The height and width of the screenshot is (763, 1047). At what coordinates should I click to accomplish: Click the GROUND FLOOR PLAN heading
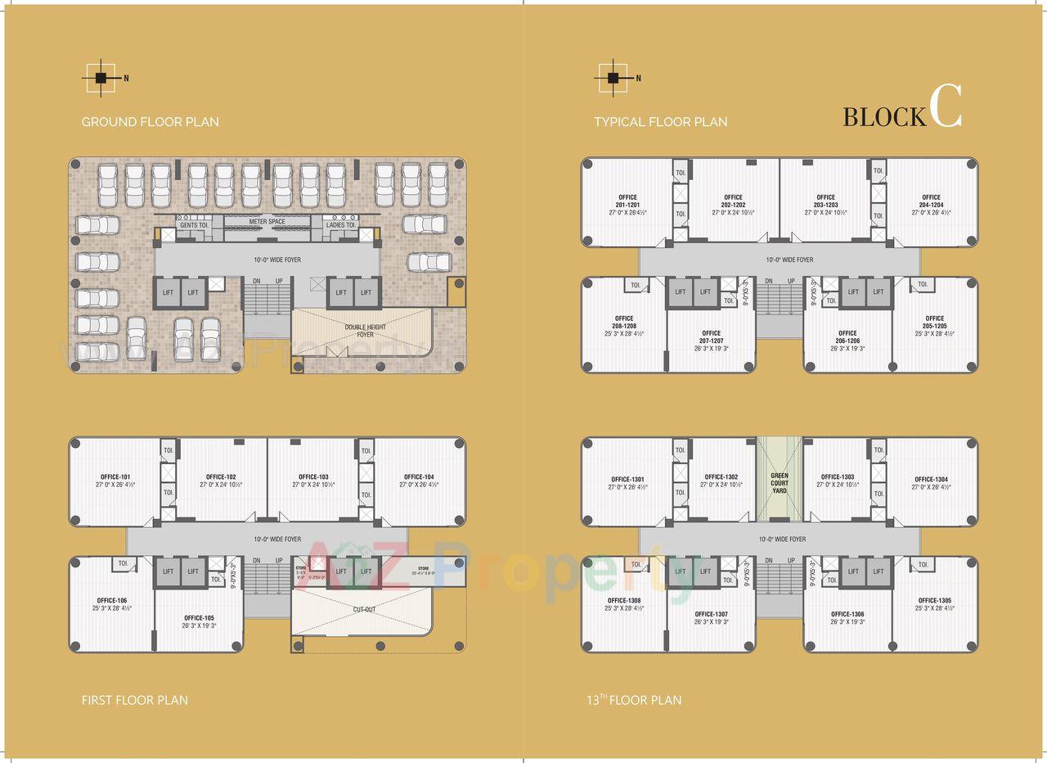(x=150, y=122)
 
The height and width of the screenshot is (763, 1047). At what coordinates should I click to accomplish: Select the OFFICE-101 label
(x=115, y=477)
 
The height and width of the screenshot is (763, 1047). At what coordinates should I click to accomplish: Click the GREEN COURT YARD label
(x=779, y=483)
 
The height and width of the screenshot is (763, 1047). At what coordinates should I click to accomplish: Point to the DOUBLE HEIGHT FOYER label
(x=365, y=331)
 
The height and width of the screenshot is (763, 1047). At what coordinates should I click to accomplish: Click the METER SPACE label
(x=267, y=222)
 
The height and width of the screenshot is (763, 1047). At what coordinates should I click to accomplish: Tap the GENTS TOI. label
(x=195, y=225)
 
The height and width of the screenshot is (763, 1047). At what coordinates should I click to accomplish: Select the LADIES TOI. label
(x=341, y=225)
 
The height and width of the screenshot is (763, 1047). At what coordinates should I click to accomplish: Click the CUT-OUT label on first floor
(x=364, y=610)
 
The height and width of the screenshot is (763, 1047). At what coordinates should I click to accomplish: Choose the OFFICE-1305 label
(x=934, y=600)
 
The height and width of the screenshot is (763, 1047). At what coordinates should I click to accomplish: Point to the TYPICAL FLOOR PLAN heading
(x=660, y=122)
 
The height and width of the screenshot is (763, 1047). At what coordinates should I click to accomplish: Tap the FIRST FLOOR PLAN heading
(x=134, y=700)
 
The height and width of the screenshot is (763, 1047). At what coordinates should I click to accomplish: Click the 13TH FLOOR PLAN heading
(x=633, y=700)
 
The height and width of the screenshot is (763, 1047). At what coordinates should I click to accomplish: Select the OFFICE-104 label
(x=418, y=477)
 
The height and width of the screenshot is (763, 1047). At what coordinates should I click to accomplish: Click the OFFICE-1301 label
(x=628, y=479)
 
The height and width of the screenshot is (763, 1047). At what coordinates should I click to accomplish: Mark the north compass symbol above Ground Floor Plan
(x=101, y=79)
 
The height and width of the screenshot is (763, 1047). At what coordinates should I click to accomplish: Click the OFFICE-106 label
(x=110, y=601)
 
